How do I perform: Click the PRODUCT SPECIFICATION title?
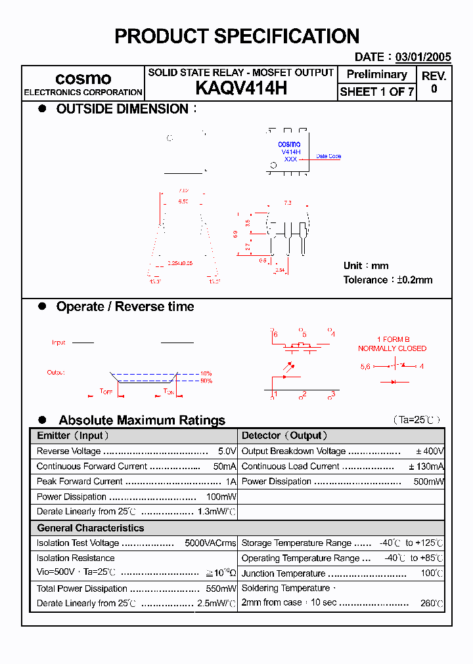click(x=236, y=36)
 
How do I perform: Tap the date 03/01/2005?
click(x=423, y=57)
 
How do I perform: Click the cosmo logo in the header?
click(x=83, y=78)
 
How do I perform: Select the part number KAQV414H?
click(x=241, y=89)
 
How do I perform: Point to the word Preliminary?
click(x=376, y=74)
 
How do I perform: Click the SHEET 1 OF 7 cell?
click(x=376, y=92)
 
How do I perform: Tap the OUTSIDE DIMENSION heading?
click(x=122, y=109)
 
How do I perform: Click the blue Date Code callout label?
click(x=328, y=156)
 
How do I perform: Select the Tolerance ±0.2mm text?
click(x=388, y=280)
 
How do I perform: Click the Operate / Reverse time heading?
click(x=125, y=306)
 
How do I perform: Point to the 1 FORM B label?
click(x=392, y=339)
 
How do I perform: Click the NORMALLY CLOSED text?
click(x=392, y=348)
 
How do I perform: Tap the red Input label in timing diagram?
click(x=58, y=342)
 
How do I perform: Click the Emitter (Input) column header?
click(x=73, y=436)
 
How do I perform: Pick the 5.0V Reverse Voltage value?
click(x=227, y=451)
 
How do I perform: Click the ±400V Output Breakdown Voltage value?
click(x=430, y=451)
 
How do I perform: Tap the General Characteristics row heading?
click(x=90, y=528)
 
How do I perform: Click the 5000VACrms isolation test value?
click(x=210, y=543)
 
